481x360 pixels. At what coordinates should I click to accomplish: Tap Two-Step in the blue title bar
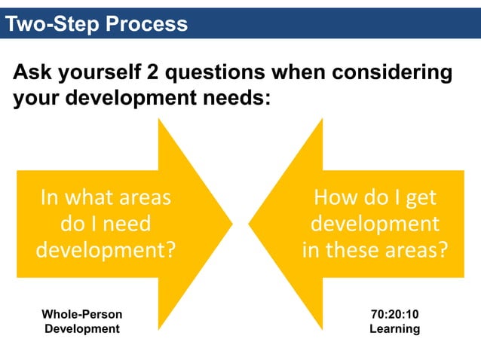[x=53, y=24]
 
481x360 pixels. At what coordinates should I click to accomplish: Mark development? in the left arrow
[x=106, y=249]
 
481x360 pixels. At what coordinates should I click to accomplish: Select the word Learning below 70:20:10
[x=394, y=328]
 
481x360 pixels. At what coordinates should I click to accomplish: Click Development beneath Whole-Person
[x=81, y=328]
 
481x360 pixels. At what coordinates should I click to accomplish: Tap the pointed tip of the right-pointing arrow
[x=232, y=224]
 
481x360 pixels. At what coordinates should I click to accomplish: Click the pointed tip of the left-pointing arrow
[x=250, y=224]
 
